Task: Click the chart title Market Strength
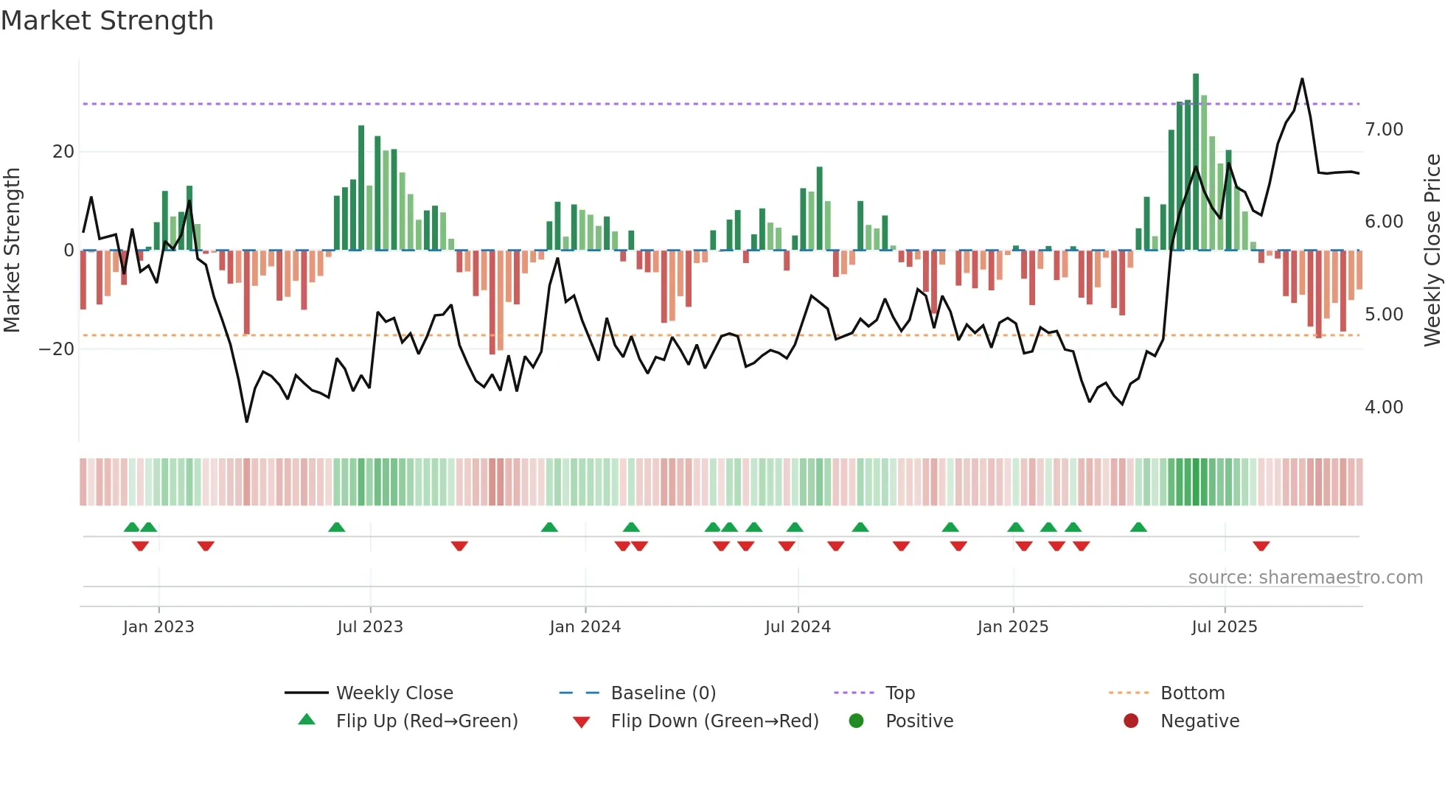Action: point(108,21)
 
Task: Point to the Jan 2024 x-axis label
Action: point(585,626)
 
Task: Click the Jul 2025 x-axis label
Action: point(1224,626)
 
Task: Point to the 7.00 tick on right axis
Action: point(1384,130)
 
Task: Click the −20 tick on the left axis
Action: point(57,349)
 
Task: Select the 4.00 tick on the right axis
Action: point(1384,407)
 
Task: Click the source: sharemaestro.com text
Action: point(1305,577)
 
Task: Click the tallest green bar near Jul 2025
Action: point(1196,162)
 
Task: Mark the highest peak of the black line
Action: point(1302,79)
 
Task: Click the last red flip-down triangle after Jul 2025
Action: point(1261,546)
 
